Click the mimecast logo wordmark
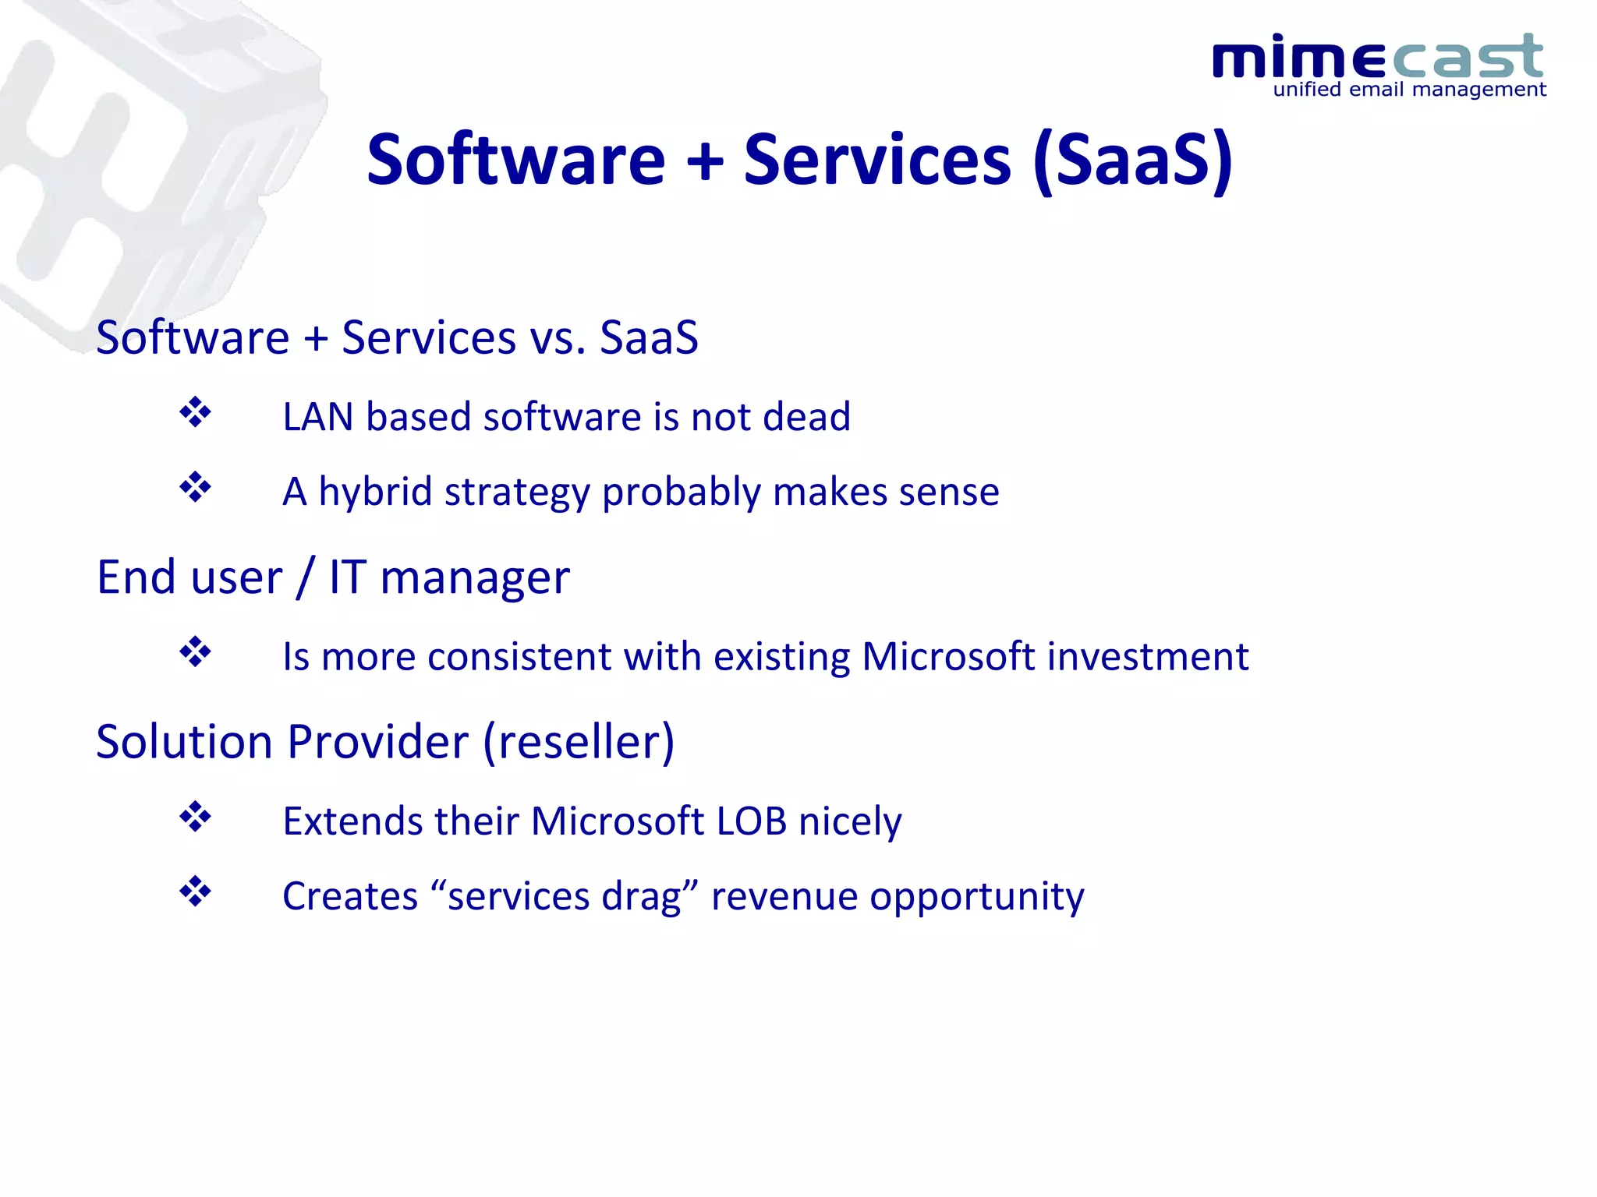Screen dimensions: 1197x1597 click(1377, 57)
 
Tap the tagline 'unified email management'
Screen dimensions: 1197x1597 click(1408, 90)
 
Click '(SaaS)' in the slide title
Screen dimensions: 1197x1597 click(1132, 160)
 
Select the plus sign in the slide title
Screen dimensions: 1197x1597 click(705, 161)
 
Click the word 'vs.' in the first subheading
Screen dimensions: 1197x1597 click(558, 338)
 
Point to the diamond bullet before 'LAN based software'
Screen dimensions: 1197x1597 click(195, 412)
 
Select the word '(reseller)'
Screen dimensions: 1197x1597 click(579, 742)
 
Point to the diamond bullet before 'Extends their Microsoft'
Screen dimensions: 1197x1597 click(195, 817)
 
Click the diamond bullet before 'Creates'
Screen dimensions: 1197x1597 click(195, 891)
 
